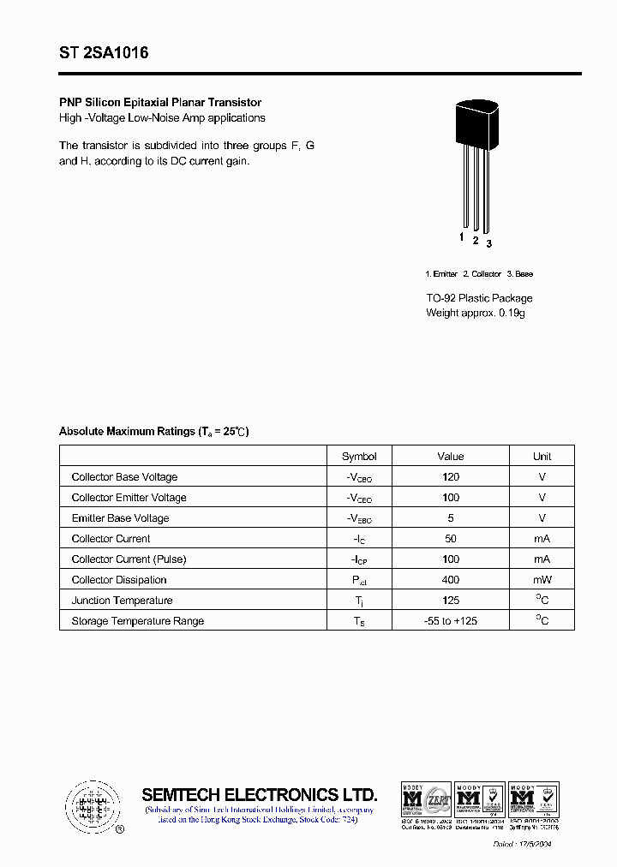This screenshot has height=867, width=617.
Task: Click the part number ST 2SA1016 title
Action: (104, 53)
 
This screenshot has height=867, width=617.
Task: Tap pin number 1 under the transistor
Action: (461, 237)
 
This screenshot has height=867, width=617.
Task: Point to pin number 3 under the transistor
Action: (488, 243)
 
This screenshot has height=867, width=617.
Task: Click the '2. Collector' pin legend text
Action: (482, 274)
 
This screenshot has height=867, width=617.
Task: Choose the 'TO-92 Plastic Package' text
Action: (479, 298)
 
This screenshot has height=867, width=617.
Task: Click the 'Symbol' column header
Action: (359, 457)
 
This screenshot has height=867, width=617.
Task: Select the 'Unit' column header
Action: (542, 457)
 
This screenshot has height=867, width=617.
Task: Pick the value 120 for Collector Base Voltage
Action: (451, 477)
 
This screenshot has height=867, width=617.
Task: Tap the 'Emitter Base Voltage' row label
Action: (120, 518)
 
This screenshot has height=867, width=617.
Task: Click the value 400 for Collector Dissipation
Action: (451, 580)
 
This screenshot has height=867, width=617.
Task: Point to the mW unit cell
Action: (542, 580)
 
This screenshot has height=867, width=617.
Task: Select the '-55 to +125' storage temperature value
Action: (451, 621)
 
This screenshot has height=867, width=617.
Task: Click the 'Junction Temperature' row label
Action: (122, 601)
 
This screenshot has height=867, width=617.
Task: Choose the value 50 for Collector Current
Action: (451, 539)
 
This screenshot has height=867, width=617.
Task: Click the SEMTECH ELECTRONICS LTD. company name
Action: (259, 794)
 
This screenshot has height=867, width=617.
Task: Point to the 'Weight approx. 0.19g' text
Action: (475, 313)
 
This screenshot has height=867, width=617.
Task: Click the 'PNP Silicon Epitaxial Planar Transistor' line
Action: (160, 102)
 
